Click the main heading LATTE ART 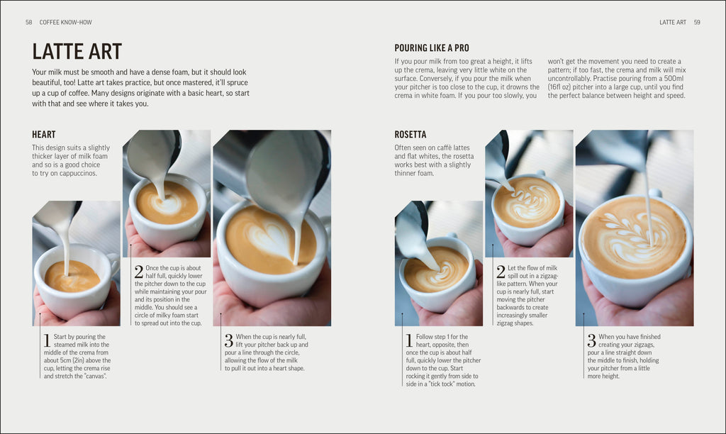tap(77, 52)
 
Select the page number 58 tap(29, 23)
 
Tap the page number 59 tap(697, 23)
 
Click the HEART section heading tap(44, 135)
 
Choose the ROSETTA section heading tap(411, 135)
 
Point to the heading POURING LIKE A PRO tap(432, 48)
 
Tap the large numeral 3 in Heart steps tap(228, 340)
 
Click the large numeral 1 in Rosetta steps tap(409, 341)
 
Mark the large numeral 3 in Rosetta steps tap(591, 340)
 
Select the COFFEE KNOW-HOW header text tap(67, 23)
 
